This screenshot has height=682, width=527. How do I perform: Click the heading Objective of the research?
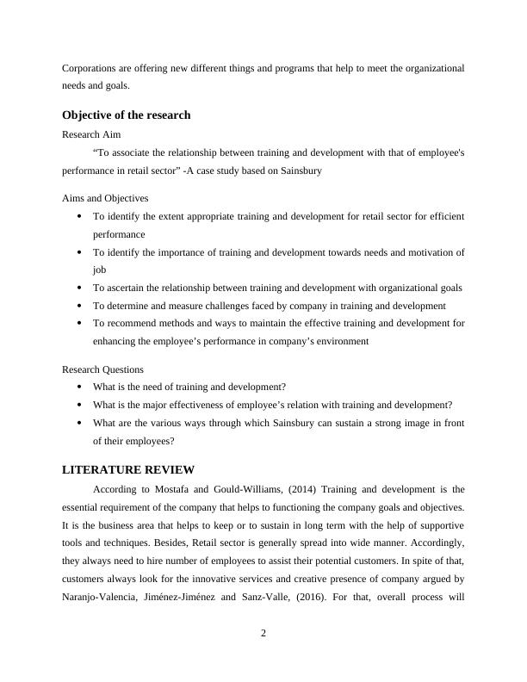(127, 115)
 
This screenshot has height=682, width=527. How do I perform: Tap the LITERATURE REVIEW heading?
(129, 469)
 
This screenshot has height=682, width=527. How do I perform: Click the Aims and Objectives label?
(105, 198)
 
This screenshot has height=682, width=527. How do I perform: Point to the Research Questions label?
(103, 369)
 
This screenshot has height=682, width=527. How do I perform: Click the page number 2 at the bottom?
(263, 634)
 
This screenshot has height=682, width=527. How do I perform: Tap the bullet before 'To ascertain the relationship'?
(79, 288)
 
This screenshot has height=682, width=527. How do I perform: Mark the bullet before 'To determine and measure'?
(79, 306)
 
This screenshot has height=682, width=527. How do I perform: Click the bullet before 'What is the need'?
(79, 387)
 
